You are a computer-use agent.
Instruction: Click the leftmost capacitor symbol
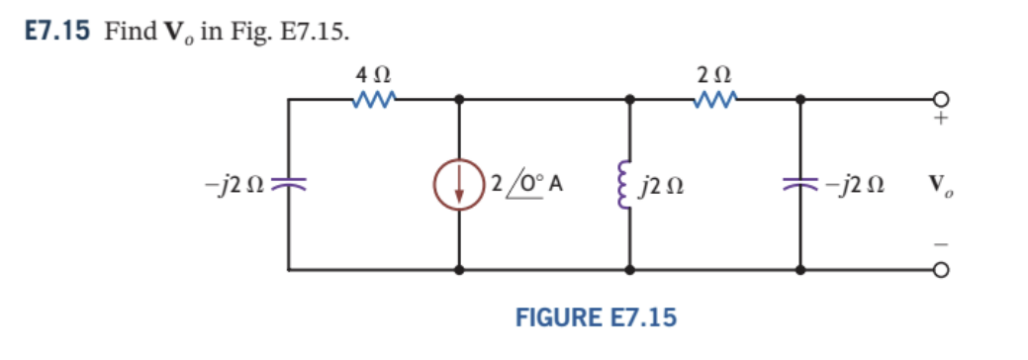point(289,184)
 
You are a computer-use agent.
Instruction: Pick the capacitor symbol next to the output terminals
point(799,184)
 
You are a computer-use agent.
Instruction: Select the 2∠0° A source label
point(524,184)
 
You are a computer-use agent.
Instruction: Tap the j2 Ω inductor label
point(660,184)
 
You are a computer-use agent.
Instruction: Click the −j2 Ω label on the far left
point(235,184)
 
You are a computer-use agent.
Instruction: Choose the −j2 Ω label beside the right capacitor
point(854,184)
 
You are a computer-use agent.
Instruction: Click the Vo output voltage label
point(941,184)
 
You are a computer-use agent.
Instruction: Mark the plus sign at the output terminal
point(944,120)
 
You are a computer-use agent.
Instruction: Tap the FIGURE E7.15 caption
point(596,317)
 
